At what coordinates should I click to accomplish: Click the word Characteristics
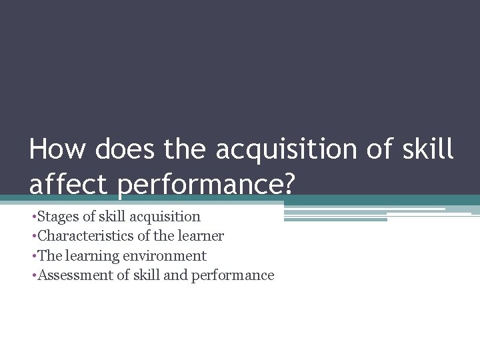pos(84,236)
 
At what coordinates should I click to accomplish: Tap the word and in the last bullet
pos(175,275)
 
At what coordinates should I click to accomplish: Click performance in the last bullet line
pos(233,276)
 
